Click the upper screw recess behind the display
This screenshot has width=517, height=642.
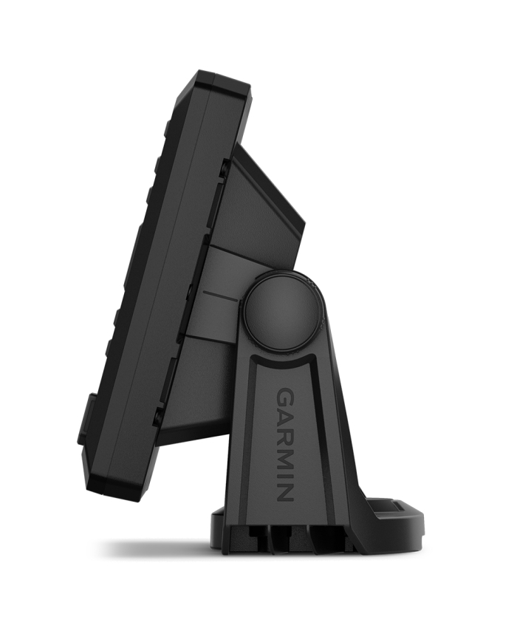click(x=224, y=168)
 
